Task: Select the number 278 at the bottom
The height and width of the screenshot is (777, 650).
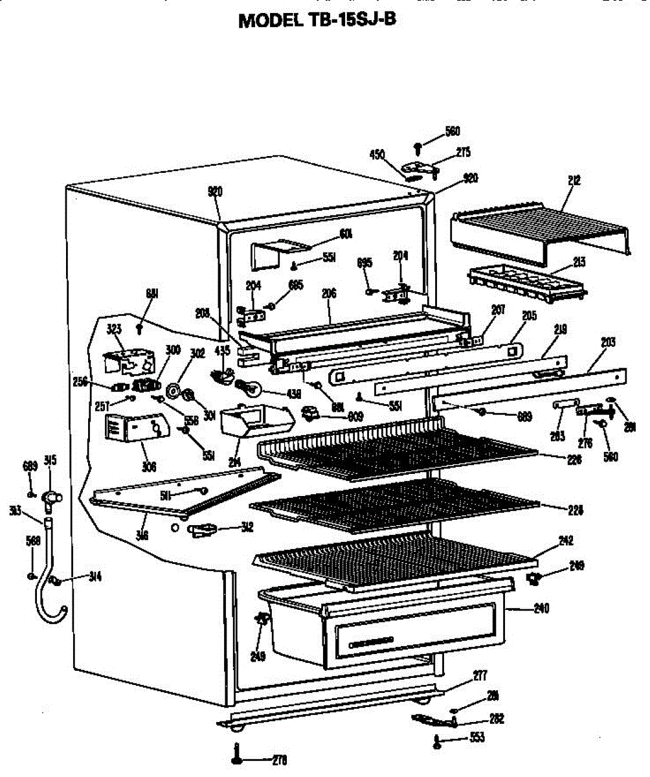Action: (279, 760)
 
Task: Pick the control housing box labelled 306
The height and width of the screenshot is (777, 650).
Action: (136, 428)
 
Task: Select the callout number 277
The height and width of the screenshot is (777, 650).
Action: (479, 676)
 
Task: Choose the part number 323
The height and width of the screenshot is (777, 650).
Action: (114, 328)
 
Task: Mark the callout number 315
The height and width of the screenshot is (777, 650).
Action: (50, 460)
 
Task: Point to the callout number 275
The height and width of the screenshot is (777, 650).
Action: (463, 152)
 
